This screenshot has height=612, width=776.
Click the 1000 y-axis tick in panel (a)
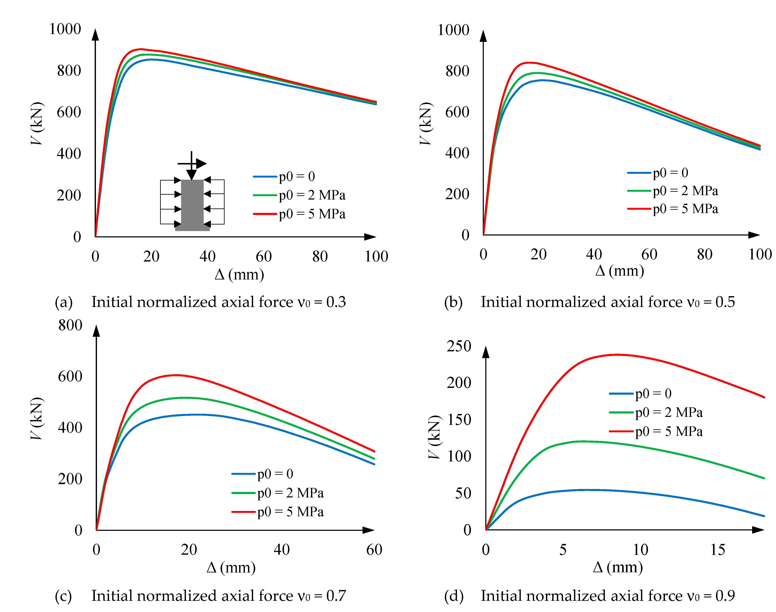(x=65, y=29)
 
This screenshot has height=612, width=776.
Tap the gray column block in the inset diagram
(x=192, y=205)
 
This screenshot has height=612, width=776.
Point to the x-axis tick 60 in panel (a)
(x=263, y=257)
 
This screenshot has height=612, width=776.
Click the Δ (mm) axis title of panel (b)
(x=619, y=271)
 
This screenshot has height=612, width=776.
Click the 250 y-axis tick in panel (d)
(x=459, y=346)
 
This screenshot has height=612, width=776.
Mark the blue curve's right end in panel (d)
(x=764, y=516)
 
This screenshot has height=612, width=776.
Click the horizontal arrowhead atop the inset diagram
(x=201, y=164)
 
